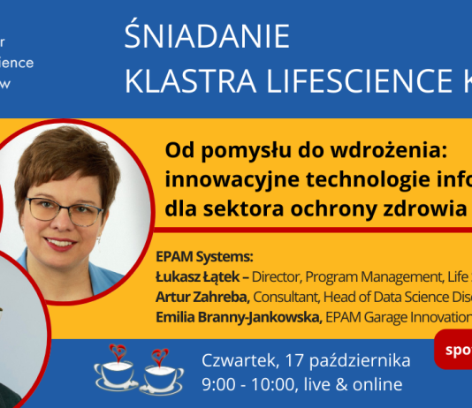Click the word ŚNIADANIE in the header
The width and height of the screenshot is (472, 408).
tap(207, 37)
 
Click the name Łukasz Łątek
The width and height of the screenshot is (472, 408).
tap(197, 276)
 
